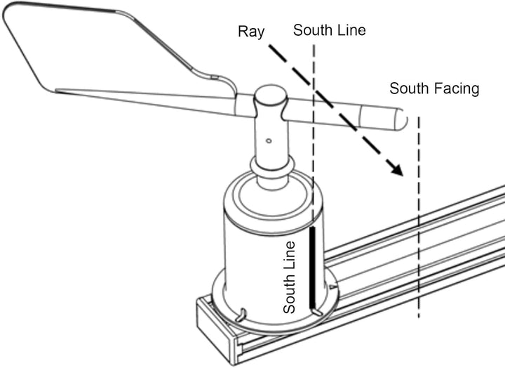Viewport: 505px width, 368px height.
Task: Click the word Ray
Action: pos(251,32)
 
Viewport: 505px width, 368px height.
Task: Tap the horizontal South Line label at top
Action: pos(330,30)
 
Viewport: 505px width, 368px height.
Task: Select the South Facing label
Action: pos(434,88)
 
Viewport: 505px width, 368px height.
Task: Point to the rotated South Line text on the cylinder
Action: pos(289,277)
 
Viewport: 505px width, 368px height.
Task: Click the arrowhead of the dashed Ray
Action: pos(396,169)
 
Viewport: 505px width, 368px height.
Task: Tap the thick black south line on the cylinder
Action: pos(312,268)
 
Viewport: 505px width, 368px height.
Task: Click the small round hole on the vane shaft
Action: pos(269,140)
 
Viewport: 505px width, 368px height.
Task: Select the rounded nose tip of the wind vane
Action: pos(402,119)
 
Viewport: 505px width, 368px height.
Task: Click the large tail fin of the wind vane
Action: pos(97,51)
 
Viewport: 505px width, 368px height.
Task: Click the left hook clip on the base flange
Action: pos(241,315)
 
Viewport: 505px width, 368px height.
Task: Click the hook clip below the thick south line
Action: pos(316,312)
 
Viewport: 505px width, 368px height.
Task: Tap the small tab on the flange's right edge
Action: pos(333,287)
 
